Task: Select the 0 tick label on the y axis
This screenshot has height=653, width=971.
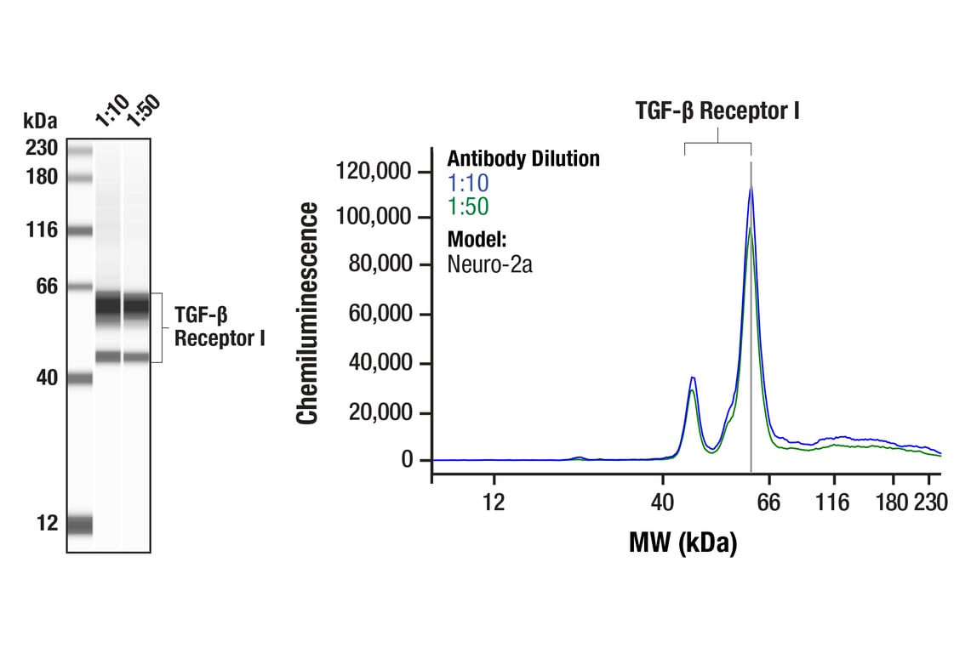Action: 406,460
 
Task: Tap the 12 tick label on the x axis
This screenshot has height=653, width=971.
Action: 494,503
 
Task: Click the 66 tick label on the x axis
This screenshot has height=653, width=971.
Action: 769,503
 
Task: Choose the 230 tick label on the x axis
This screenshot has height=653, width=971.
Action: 930,503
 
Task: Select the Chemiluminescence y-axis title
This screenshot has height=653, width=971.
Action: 307,313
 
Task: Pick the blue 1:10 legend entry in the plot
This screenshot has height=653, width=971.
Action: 468,183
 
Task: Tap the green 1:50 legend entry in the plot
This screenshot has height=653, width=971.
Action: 468,207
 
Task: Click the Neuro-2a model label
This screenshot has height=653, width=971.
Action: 489,264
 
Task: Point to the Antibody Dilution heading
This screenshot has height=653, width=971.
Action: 523,159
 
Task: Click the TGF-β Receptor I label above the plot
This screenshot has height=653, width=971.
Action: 717,111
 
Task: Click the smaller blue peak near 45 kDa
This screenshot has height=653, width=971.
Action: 693,378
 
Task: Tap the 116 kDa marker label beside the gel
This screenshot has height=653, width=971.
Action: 41,230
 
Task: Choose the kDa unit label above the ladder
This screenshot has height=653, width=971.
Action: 40,121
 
